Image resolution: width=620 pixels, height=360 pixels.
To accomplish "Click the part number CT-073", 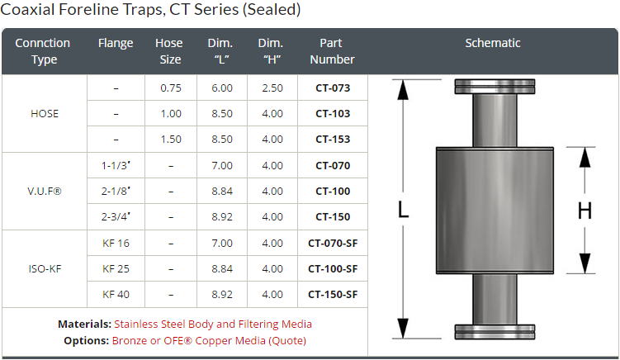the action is point(333,88).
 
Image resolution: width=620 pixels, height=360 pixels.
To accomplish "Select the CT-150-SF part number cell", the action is point(333,294).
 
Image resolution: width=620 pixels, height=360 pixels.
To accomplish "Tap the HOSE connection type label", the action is point(45,114).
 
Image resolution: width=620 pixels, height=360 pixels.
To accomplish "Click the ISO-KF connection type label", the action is point(45,268).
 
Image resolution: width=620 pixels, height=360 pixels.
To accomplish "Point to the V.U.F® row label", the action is point(45,191).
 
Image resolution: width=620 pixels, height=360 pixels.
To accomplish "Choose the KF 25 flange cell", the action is point(116,268).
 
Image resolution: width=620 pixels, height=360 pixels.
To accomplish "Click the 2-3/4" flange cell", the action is point(116,217).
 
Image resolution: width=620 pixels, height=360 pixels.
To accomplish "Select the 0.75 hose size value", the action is point(171,88).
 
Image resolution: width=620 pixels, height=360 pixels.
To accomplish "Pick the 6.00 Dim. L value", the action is point(222,88).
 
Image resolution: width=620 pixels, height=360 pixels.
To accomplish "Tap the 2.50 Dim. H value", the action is point(272,88).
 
